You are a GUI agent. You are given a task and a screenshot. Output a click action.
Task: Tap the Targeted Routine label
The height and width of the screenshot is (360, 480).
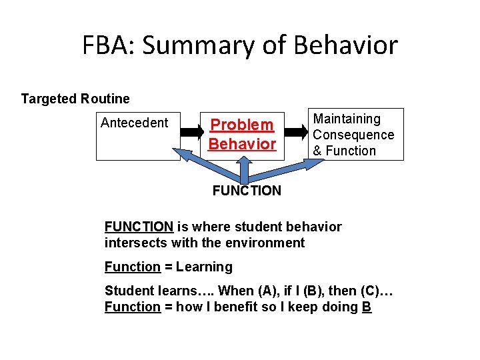(x=75, y=99)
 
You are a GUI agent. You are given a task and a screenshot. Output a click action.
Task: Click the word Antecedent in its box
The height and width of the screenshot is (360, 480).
(x=134, y=123)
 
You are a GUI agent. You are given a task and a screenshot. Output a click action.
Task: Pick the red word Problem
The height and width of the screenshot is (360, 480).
(x=242, y=125)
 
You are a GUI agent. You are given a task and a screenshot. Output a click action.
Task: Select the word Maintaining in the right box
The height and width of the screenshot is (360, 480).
(x=347, y=119)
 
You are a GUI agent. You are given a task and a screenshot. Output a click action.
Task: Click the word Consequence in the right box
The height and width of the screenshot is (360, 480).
(x=353, y=135)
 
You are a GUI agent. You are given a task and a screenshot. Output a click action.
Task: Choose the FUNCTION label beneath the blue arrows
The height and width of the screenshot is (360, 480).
(x=247, y=191)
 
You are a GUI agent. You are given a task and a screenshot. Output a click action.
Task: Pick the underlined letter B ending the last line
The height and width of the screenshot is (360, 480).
(x=367, y=307)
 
